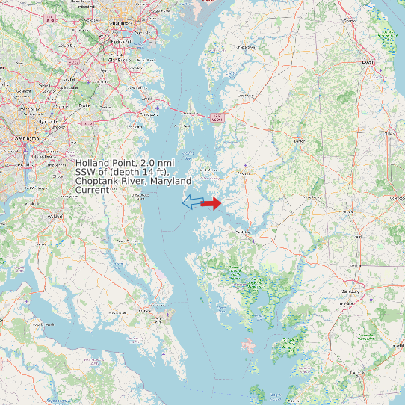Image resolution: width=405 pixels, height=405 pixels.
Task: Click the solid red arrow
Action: [212, 203]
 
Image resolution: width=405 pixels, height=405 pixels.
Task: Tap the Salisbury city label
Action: [350, 291]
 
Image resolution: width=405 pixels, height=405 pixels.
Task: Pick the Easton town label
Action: [243, 173]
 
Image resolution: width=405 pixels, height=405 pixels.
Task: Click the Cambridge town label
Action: [244, 232]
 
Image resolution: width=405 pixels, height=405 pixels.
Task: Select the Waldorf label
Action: [55, 217]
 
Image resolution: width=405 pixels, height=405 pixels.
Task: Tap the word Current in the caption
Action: [92, 190]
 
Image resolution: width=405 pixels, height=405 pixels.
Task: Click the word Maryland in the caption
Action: [169, 181]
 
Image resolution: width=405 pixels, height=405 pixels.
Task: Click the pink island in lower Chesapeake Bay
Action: [247, 346]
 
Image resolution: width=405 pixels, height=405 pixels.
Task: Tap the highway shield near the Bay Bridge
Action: [217, 117]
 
